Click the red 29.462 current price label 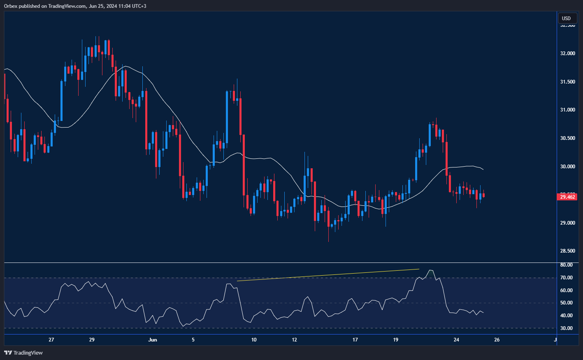click(568, 197)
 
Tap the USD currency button click(567, 18)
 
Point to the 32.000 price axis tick click(568, 53)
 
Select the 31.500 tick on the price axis click(568, 82)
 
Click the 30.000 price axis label click(568, 167)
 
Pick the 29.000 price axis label click(568, 223)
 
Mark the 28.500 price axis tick click(568, 251)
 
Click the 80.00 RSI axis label click(567, 265)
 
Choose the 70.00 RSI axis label click(567, 278)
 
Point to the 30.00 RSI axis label click(567, 328)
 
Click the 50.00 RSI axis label click(567, 303)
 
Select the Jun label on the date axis click(153, 340)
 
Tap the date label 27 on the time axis click(51, 340)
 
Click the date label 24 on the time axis click(456, 340)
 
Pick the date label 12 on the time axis click(295, 340)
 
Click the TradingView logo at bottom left click(23, 353)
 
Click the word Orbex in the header click(11, 6)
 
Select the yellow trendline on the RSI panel click(328, 275)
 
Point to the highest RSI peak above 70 click(430, 270)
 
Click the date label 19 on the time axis click(396, 340)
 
